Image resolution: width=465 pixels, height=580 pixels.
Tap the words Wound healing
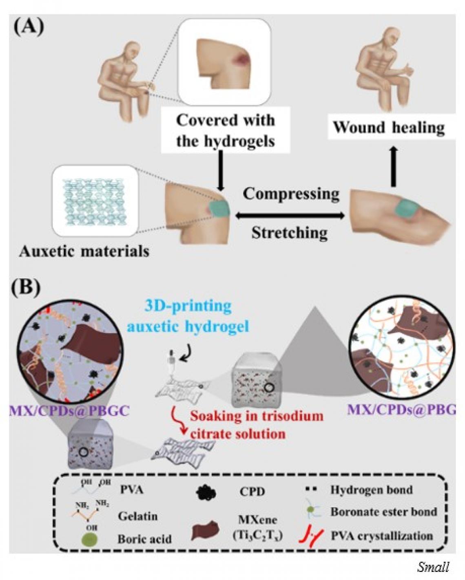pyautogui.click(x=389, y=128)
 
